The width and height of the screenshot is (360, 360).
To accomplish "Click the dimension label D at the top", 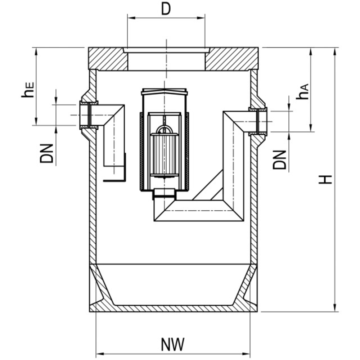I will coord(166,10).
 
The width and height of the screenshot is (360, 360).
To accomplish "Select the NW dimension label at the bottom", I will coord(173,345).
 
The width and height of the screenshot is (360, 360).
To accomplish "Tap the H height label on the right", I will coord(326,179).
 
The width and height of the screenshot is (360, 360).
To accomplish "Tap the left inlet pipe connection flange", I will coord(89,115).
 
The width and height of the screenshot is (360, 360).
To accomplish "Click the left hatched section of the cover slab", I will coord(108,59).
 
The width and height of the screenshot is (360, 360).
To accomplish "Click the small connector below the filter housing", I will coord(164,194).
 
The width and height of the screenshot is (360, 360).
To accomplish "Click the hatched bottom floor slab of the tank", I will coord(173,309).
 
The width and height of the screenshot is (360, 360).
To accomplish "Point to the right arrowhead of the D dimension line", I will coord(202,17).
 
